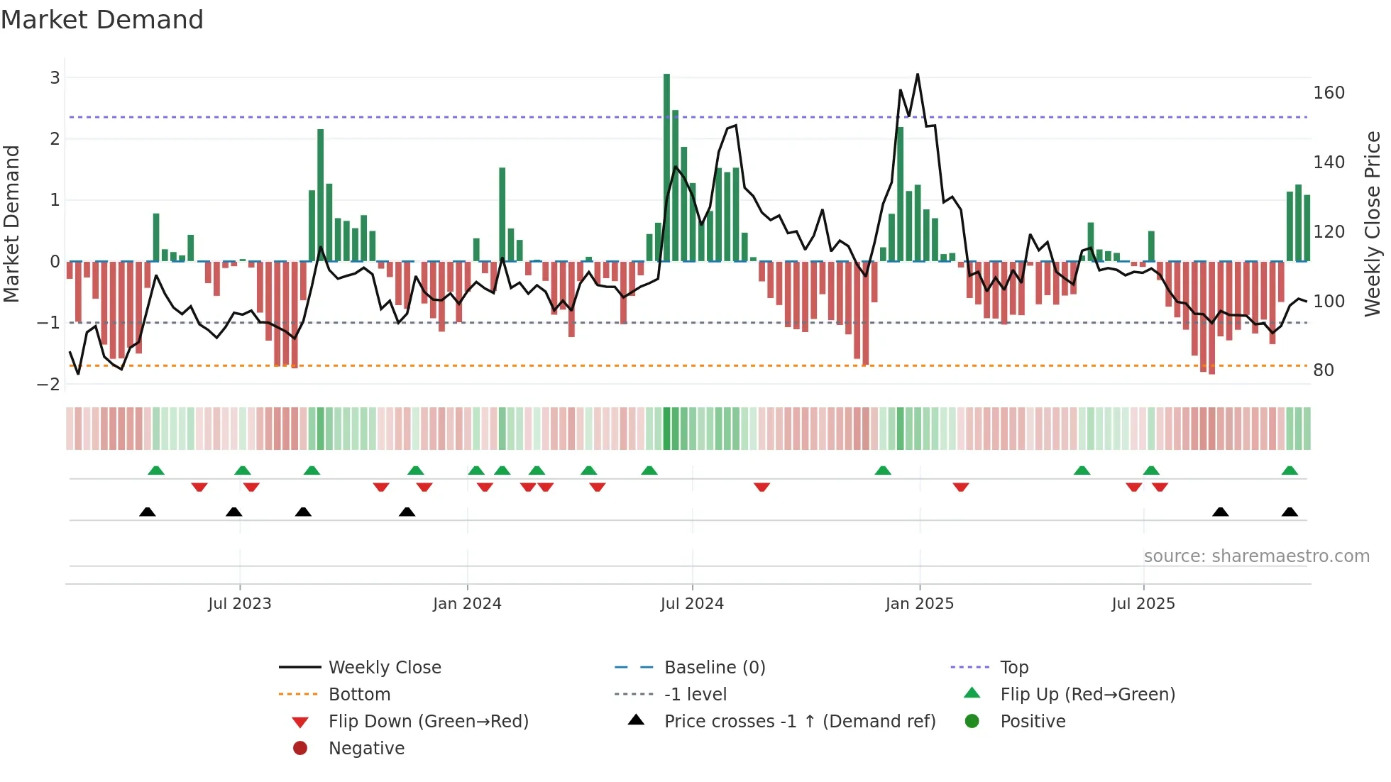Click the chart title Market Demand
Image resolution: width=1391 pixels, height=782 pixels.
102,20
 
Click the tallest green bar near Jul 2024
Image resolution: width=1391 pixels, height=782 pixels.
666,167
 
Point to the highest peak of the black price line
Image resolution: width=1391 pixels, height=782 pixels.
918,75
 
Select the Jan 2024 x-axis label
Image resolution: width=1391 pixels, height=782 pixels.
467,604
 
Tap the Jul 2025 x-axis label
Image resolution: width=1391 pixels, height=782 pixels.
1143,604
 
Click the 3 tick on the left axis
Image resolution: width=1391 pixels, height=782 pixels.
55,78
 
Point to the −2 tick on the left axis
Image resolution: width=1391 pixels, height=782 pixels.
49,385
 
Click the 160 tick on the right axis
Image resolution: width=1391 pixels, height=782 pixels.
1329,93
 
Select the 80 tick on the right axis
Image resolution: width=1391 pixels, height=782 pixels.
1323,370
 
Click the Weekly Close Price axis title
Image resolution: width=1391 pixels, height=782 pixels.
1373,224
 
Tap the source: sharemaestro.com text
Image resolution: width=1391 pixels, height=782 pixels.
1256,556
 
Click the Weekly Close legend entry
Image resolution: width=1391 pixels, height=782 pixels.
384,668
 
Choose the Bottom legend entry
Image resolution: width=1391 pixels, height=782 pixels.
359,695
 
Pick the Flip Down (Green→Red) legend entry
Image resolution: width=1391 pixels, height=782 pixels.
428,722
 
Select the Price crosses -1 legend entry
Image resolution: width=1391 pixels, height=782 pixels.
799,722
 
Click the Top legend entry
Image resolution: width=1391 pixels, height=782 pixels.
1014,668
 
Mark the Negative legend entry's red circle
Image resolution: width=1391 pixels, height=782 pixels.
300,749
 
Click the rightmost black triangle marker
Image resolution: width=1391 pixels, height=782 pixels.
1290,512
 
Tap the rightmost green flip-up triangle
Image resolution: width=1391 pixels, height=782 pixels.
1290,470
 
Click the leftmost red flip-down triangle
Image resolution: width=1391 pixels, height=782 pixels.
199,487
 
